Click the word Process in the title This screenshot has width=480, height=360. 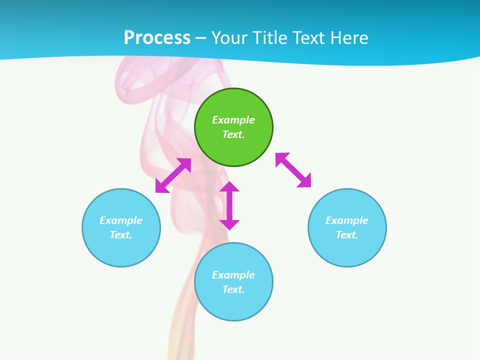click(157, 38)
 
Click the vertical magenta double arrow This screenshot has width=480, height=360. click(229, 205)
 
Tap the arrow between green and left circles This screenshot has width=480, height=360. click(173, 175)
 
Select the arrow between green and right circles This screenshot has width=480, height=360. click(293, 170)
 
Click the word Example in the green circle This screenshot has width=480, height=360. click(233, 120)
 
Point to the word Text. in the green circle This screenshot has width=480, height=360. click(233, 134)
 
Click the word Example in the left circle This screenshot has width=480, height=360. click(121, 220)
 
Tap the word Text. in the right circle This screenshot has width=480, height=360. click(347, 235)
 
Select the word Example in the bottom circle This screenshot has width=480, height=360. click(233, 275)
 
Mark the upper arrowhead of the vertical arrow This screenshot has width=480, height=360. click(229, 187)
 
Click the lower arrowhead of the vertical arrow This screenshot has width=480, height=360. click(229, 224)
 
